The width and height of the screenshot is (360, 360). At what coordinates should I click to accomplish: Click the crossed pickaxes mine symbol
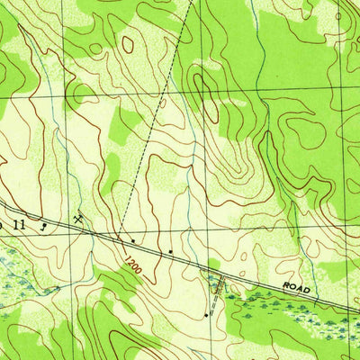click(79, 218)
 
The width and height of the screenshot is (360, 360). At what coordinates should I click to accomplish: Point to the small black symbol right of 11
click(42, 229)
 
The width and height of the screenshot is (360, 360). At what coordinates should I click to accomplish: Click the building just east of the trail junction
click(133, 240)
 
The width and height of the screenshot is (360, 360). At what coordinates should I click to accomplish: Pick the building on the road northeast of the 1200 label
click(170, 250)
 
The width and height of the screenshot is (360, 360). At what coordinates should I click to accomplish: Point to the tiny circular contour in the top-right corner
click(338, 15)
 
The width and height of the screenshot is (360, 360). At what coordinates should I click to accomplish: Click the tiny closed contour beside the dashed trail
click(162, 104)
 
